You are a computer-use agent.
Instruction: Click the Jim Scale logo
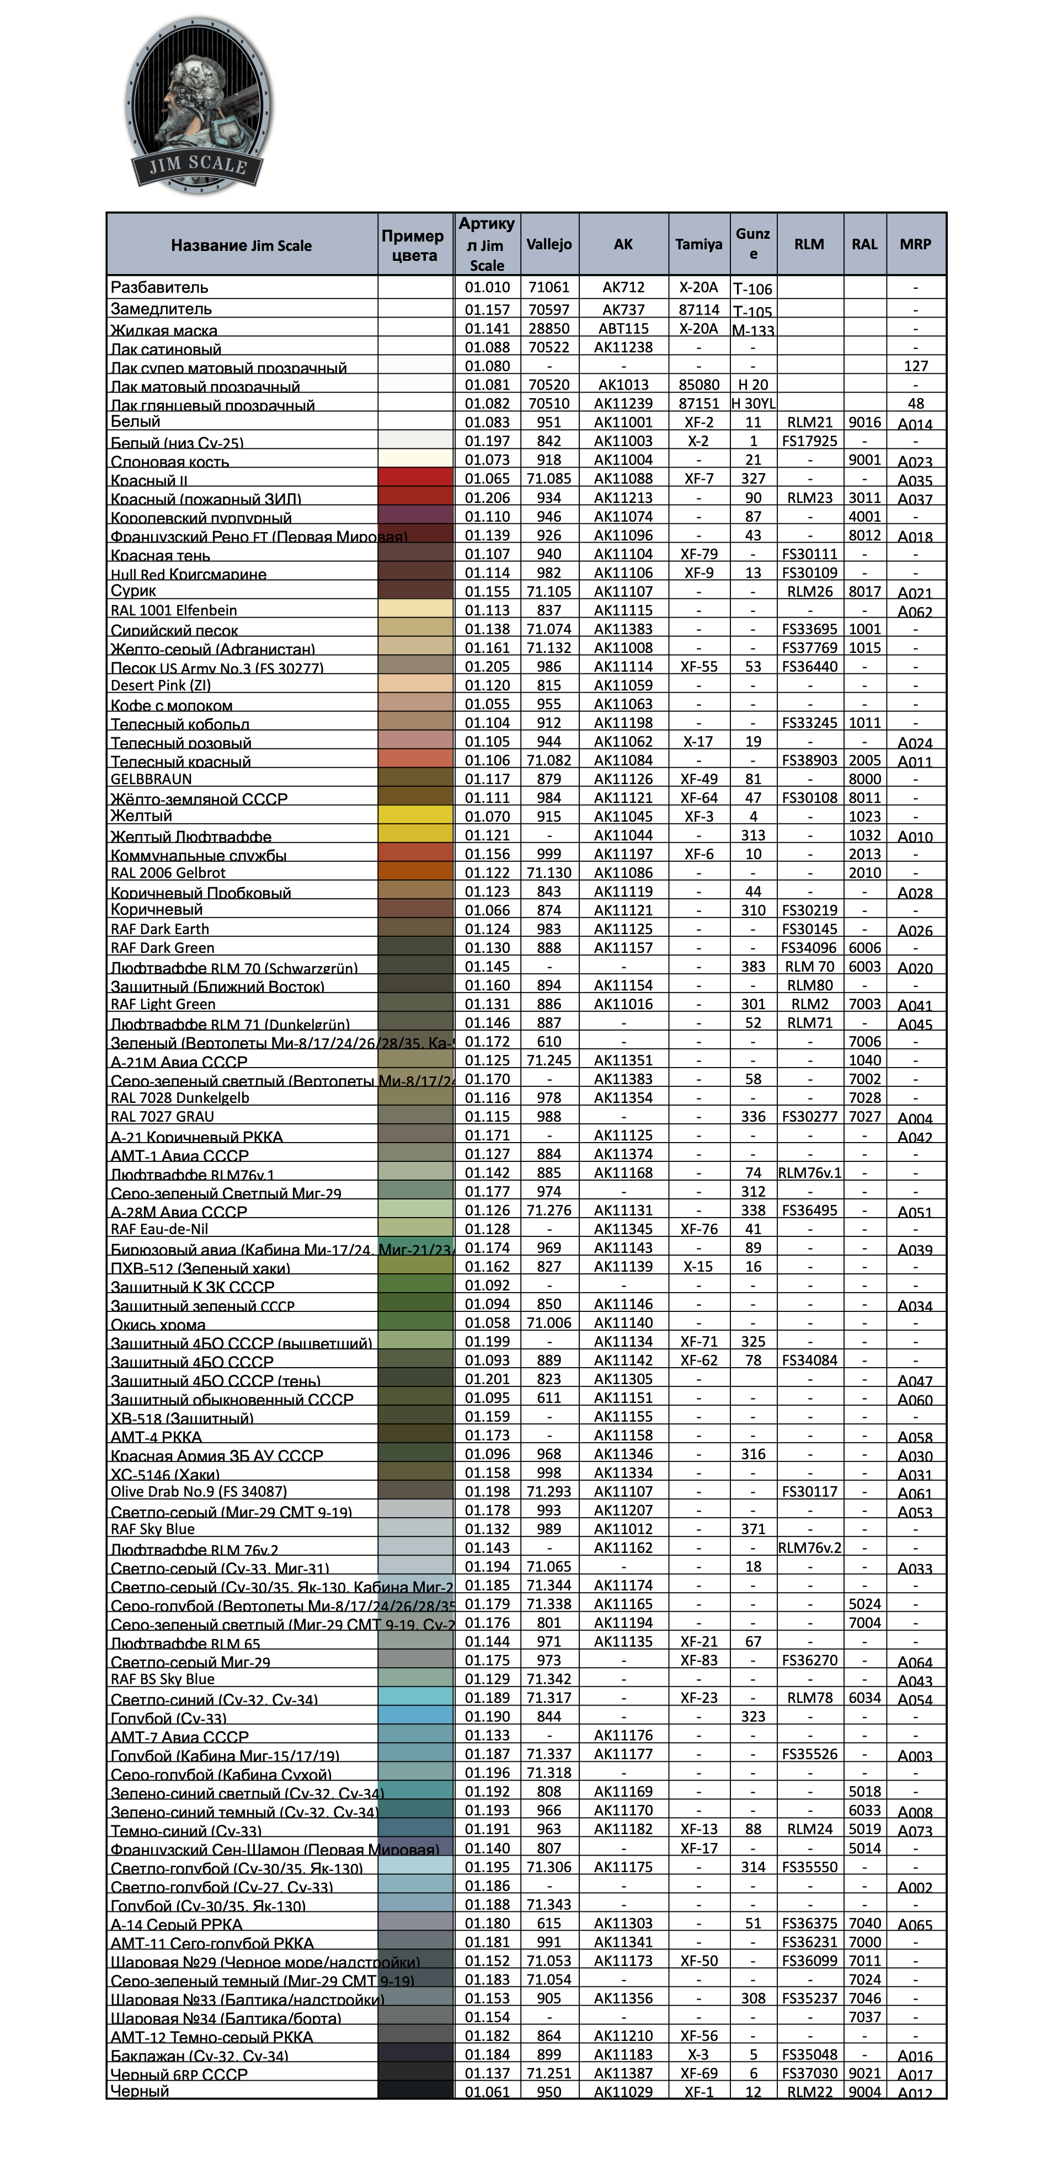(199, 106)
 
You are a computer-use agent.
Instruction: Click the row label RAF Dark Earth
(160, 929)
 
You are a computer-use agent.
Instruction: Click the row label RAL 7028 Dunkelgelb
(180, 1097)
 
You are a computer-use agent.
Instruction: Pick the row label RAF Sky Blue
(153, 1529)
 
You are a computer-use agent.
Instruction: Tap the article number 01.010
(488, 287)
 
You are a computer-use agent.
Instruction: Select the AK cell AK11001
(623, 422)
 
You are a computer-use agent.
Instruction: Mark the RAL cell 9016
(864, 422)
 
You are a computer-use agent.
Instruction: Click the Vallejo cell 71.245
(549, 1060)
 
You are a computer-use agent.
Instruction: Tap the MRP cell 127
(916, 366)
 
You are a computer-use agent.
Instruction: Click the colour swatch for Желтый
(415, 815)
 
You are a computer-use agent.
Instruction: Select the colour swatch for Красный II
(415, 478)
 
